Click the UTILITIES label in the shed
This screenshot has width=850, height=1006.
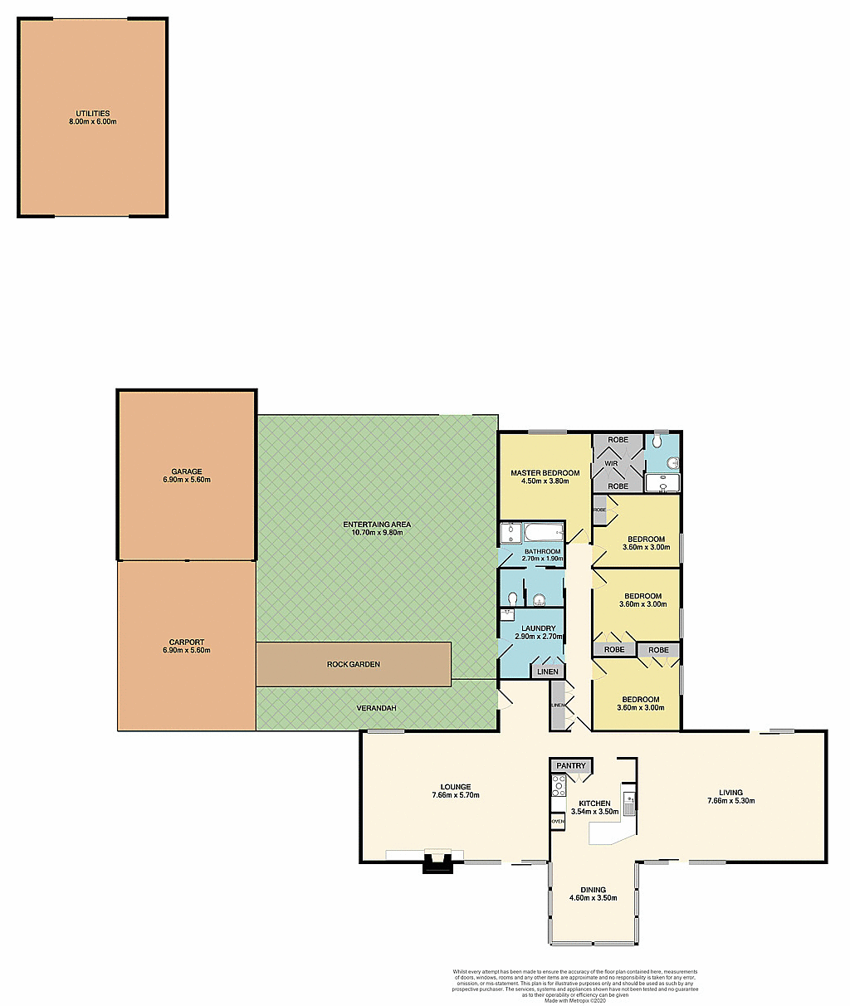point(92,114)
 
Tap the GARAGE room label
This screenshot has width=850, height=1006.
point(187,471)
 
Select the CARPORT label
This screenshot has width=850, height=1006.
point(187,642)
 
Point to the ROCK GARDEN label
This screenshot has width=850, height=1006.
point(354,664)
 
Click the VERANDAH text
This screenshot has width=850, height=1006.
point(376,708)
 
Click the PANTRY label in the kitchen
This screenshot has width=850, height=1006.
point(571,765)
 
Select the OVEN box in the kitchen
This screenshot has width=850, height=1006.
point(558,821)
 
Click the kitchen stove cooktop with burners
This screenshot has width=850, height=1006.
point(559,786)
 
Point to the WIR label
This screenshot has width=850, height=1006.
point(611,463)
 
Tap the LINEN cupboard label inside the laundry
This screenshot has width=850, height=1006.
point(548,671)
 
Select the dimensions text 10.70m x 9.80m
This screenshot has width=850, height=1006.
point(378,532)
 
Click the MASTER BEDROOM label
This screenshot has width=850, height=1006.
point(545,472)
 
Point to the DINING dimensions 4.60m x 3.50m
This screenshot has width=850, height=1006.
point(593,898)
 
